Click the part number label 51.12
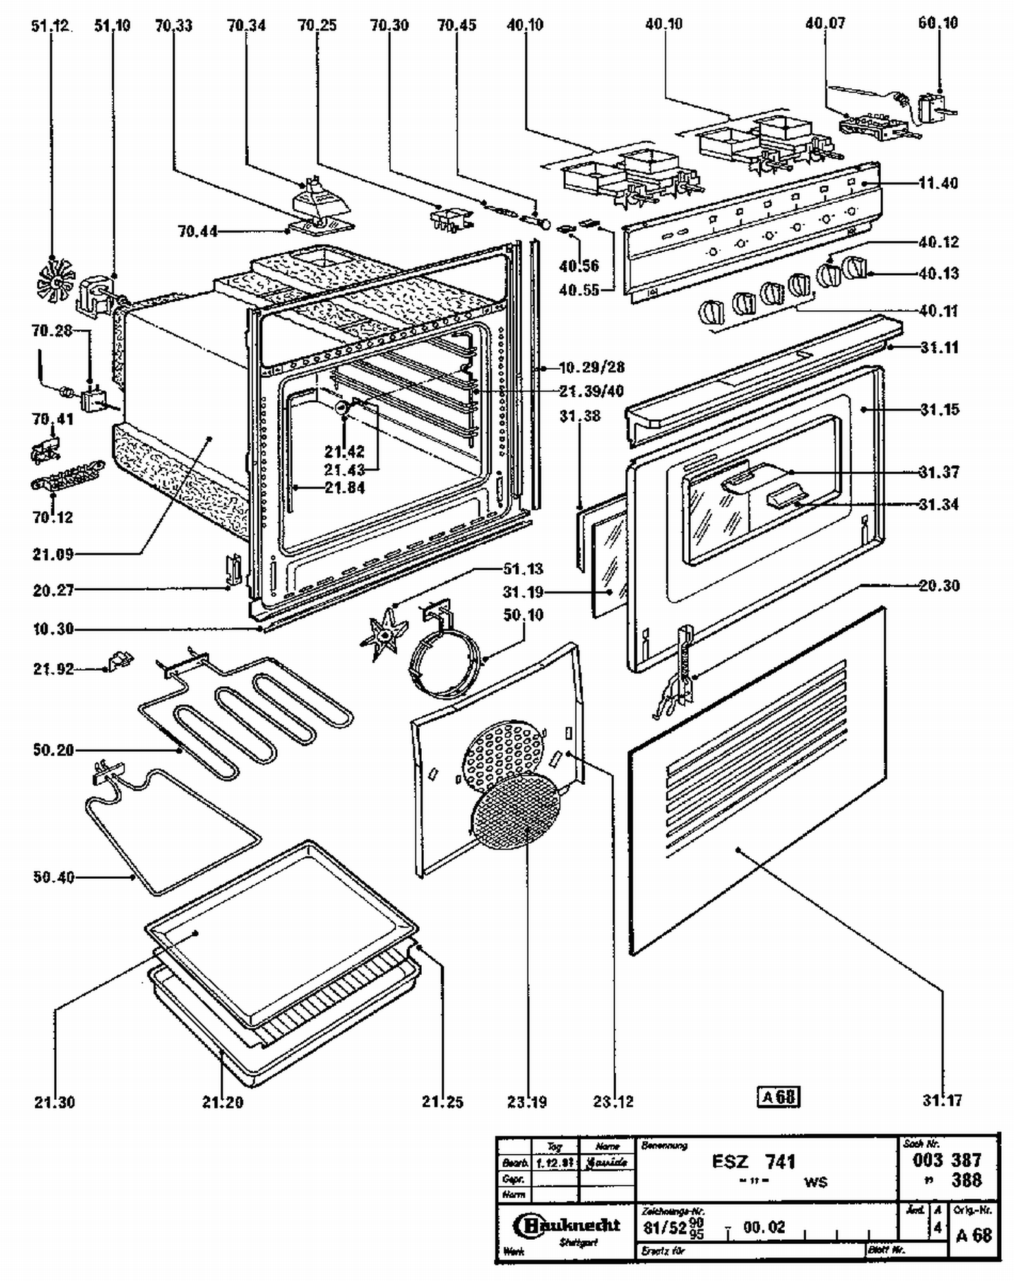[x=51, y=26]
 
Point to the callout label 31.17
[x=942, y=1100]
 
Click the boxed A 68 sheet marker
[x=778, y=1096]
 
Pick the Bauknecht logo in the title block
[x=566, y=1226]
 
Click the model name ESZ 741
[x=754, y=1161]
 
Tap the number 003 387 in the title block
[x=947, y=1160]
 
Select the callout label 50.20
[x=53, y=750]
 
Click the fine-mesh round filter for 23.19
[x=517, y=813]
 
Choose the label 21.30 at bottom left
[x=55, y=1102]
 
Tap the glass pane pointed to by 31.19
[x=608, y=564]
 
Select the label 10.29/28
[x=591, y=368]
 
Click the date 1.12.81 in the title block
[x=556, y=1163]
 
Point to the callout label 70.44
[x=198, y=231]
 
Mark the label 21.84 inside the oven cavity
[x=345, y=487]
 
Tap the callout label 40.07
[x=825, y=24]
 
